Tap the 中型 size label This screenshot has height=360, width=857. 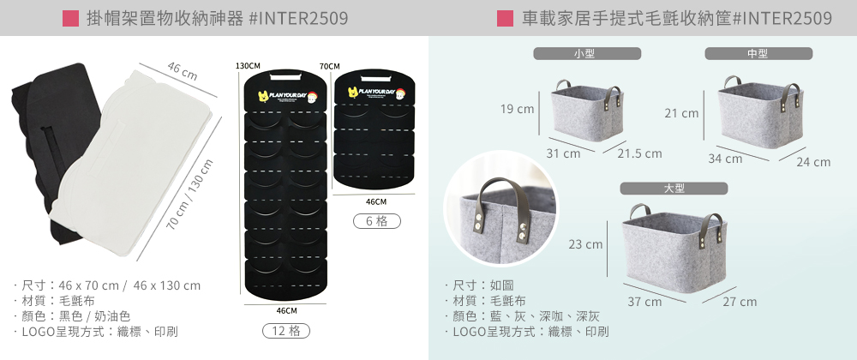click(x=758, y=53)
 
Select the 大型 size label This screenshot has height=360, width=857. click(x=674, y=188)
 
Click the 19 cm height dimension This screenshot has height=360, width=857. click(x=518, y=110)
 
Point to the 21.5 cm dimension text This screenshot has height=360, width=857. click(x=639, y=154)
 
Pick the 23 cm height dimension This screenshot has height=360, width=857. click(x=586, y=245)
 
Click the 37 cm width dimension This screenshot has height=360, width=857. click(x=644, y=302)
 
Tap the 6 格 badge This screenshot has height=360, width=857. click(x=376, y=221)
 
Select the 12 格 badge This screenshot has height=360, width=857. click(x=286, y=331)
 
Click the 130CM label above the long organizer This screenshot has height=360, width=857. click(x=248, y=66)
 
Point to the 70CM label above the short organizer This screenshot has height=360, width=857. click(x=329, y=66)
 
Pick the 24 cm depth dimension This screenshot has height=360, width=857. click(x=813, y=162)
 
